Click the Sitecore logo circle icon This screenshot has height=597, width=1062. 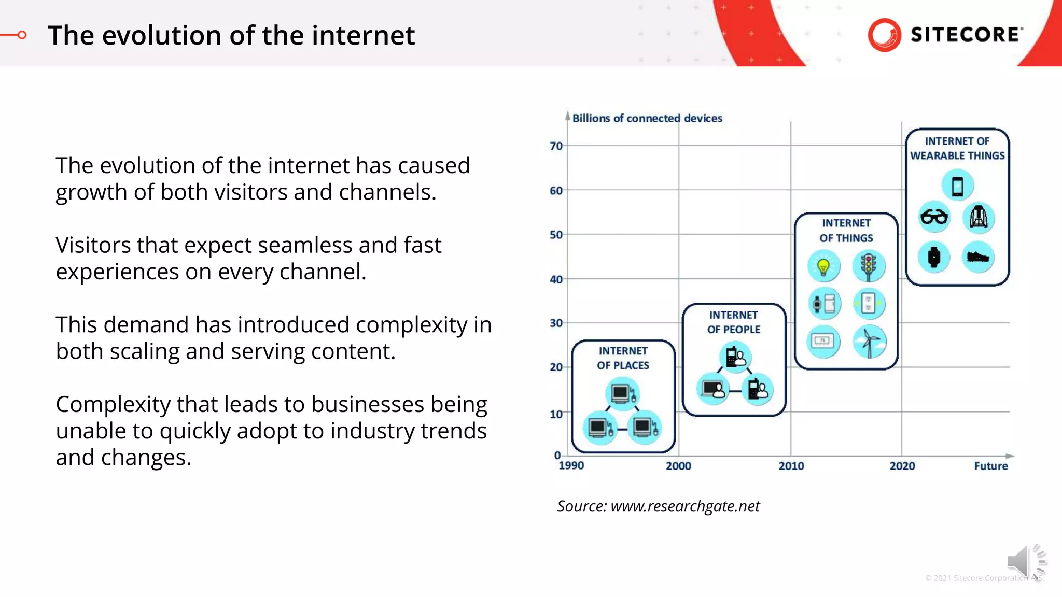(x=884, y=35)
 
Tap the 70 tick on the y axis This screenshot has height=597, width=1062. (x=556, y=146)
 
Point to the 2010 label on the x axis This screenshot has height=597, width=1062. (x=791, y=466)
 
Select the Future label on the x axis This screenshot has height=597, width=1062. (x=990, y=466)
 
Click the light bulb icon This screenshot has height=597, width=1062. (x=823, y=266)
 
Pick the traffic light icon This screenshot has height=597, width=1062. (x=869, y=266)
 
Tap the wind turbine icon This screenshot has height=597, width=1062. (x=870, y=342)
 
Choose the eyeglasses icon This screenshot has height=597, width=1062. (x=934, y=217)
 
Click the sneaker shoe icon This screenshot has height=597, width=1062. (x=978, y=257)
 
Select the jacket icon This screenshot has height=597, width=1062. (x=979, y=217)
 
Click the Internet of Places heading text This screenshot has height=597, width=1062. (x=623, y=358)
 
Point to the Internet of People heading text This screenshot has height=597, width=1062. (x=734, y=322)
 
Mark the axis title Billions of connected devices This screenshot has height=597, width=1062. (x=647, y=118)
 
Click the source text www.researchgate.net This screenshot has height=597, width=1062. (x=684, y=506)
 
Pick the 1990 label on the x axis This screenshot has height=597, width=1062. (x=571, y=465)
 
